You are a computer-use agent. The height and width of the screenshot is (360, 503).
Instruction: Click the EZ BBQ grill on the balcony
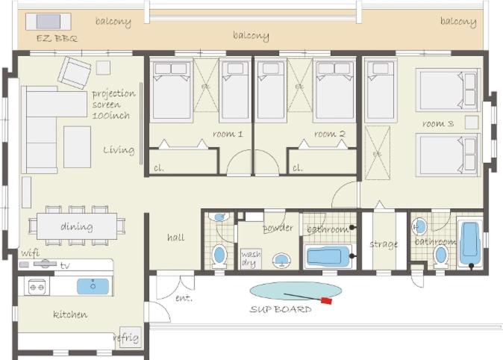(x=48, y=22)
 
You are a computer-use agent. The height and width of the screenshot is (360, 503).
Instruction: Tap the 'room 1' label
(x=228, y=134)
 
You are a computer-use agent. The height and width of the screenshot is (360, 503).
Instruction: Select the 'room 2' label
(x=329, y=134)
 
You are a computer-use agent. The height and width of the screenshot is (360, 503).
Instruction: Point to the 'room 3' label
(x=438, y=123)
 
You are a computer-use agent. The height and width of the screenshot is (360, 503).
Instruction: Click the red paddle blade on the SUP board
(x=326, y=301)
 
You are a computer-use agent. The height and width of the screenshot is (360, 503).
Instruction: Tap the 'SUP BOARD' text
(x=281, y=309)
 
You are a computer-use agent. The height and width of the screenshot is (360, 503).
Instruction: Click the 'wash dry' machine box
(x=251, y=259)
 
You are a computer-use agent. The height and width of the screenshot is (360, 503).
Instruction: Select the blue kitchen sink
(x=93, y=286)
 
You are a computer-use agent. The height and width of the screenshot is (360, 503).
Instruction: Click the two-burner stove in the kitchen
(x=37, y=287)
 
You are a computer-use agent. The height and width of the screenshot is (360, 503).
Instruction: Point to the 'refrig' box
(x=130, y=337)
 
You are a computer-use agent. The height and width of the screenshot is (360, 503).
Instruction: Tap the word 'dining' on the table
(x=77, y=226)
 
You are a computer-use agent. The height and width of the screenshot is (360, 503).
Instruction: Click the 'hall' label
(x=176, y=238)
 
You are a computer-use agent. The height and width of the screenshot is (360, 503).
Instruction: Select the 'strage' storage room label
(x=384, y=244)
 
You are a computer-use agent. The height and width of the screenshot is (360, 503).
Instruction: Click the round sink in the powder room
(x=282, y=260)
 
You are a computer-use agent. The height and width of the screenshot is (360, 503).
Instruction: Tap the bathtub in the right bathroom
(x=470, y=241)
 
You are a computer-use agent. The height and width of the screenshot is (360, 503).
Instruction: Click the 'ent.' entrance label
(x=184, y=298)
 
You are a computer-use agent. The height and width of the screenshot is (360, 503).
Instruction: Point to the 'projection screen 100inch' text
(x=113, y=105)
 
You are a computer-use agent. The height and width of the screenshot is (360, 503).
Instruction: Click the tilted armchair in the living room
(x=75, y=73)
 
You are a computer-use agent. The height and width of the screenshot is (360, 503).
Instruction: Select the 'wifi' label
(x=31, y=252)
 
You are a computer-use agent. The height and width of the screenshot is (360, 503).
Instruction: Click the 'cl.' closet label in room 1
(x=159, y=167)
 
